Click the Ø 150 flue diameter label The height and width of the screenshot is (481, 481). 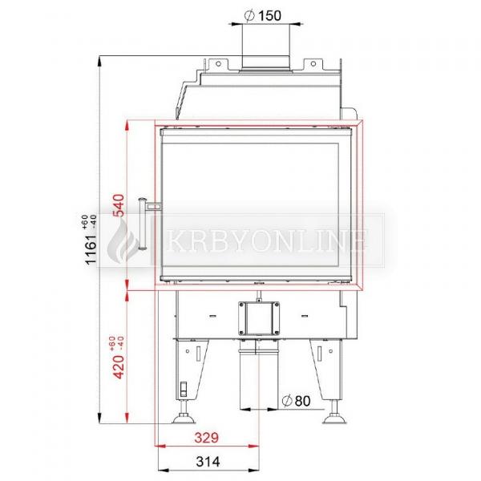click(263, 16)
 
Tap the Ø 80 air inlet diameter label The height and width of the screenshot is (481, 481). click(296, 401)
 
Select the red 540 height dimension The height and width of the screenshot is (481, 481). click(119, 205)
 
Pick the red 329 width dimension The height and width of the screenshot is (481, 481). click(207, 438)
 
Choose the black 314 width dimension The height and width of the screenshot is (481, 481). click(208, 462)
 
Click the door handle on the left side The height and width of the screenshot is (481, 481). click(143, 224)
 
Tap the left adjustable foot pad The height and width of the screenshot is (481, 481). click(184, 418)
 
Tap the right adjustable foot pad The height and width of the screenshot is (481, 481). click(334, 418)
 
